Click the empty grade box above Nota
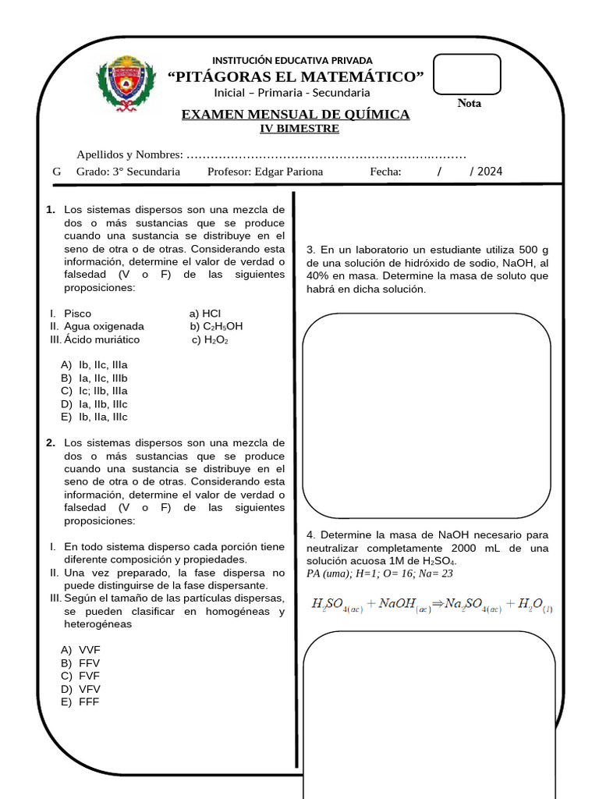[466, 74]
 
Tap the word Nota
[469, 103]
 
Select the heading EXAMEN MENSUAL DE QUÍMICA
[296, 115]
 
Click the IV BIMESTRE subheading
[299, 129]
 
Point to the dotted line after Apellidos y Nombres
[327, 154]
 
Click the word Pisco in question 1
[77, 314]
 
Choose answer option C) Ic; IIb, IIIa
[94, 391]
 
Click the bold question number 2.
[51, 443]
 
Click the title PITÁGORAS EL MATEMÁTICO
[296, 76]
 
